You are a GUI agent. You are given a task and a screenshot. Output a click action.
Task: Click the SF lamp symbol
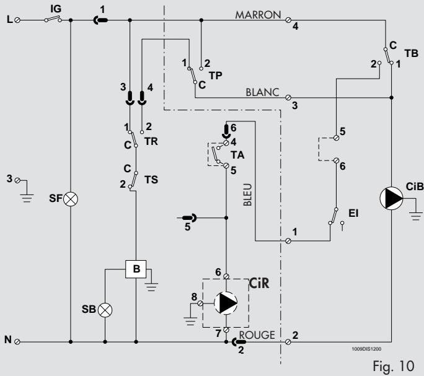point(70,199)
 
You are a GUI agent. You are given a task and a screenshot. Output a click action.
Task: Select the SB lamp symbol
point(105,310)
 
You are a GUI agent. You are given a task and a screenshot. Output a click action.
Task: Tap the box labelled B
point(136,269)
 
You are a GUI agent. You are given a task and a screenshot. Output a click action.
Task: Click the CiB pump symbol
point(391,198)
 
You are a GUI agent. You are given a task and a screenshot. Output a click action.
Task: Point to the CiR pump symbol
point(226,303)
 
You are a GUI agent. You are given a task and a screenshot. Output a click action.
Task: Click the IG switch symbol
point(53,19)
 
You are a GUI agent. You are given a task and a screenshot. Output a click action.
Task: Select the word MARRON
point(258,15)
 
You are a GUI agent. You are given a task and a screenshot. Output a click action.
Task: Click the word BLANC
point(262,92)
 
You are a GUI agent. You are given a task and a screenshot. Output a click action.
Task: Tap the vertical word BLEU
point(248,195)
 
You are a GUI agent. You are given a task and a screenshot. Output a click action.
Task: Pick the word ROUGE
point(257,335)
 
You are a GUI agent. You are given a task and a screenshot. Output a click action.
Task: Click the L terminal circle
point(17,20)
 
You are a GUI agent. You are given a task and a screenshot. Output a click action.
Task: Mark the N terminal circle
point(17,342)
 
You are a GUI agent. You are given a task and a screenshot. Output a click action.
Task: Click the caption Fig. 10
point(394,366)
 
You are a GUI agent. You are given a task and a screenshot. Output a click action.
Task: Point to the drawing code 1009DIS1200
point(366,349)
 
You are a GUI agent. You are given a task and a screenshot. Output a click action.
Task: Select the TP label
point(216,76)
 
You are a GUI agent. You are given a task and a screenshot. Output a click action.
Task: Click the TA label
point(237,155)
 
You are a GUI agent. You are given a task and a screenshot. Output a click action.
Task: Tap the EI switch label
point(353,213)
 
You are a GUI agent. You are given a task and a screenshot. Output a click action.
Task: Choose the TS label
point(151,180)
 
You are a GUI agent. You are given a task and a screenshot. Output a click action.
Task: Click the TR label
point(151,141)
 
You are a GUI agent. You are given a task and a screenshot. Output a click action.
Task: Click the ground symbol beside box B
point(151,284)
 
